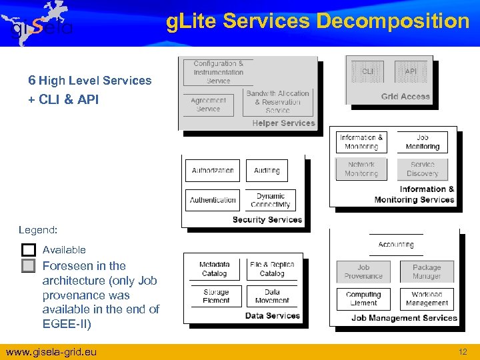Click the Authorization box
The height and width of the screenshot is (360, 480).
tap(213, 171)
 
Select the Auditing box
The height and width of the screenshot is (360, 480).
tap(267, 171)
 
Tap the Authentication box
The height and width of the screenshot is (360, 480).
tap(213, 200)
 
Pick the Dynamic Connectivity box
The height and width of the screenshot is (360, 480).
tap(270, 200)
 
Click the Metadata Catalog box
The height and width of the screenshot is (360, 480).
tap(214, 269)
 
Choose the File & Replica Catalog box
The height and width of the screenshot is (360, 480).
tap(272, 269)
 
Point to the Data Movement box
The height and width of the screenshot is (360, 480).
tap(272, 296)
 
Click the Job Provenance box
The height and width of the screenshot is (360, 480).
tap(363, 272)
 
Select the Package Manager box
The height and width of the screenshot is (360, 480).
tap(427, 272)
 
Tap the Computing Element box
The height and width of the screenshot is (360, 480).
tap(363, 299)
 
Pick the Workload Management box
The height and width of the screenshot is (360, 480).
tap(427, 299)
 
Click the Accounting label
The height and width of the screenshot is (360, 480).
tap(396, 245)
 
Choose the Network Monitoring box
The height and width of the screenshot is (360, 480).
tap(361, 169)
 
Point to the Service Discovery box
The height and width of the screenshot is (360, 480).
tap(423, 169)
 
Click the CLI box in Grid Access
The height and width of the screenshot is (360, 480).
tap(367, 71)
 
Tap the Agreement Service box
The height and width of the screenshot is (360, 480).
tap(208, 105)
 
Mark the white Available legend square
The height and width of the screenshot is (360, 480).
tap(28, 250)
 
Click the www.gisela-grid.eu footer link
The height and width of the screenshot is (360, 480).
tap(51, 351)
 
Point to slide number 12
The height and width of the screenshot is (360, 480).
tap(463, 351)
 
